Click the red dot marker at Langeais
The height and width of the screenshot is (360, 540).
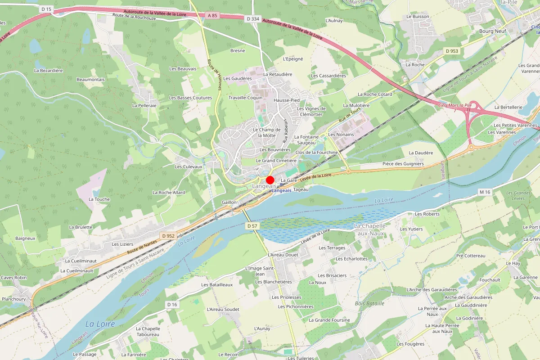(x=270, y=180)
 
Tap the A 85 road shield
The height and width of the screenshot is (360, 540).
(x=212, y=16)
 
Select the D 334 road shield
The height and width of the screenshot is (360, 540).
(x=253, y=18)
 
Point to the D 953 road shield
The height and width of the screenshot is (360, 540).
(x=452, y=51)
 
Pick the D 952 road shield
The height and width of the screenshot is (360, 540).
(x=168, y=236)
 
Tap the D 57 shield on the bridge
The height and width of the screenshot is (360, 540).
(x=252, y=225)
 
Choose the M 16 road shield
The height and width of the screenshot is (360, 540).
(x=484, y=192)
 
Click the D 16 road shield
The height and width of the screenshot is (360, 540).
(x=172, y=305)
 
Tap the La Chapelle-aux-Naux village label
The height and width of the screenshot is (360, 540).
(x=371, y=229)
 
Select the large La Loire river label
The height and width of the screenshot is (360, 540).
(x=100, y=324)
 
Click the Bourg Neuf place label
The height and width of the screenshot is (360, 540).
(x=493, y=31)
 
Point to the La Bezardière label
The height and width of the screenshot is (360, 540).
(x=48, y=70)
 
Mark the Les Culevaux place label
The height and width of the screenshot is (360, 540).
(x=189, y=166)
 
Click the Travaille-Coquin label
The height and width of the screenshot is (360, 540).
(x=245, y=98)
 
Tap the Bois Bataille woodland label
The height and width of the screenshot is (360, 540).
(x=369, y=303)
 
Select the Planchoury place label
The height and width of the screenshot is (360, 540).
(x=14, y=299)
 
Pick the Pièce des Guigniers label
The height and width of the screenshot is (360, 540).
(x=403, y=164)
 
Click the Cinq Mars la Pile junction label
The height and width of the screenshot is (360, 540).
(x=454, y=105)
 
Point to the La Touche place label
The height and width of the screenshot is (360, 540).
(x=99, y=199)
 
